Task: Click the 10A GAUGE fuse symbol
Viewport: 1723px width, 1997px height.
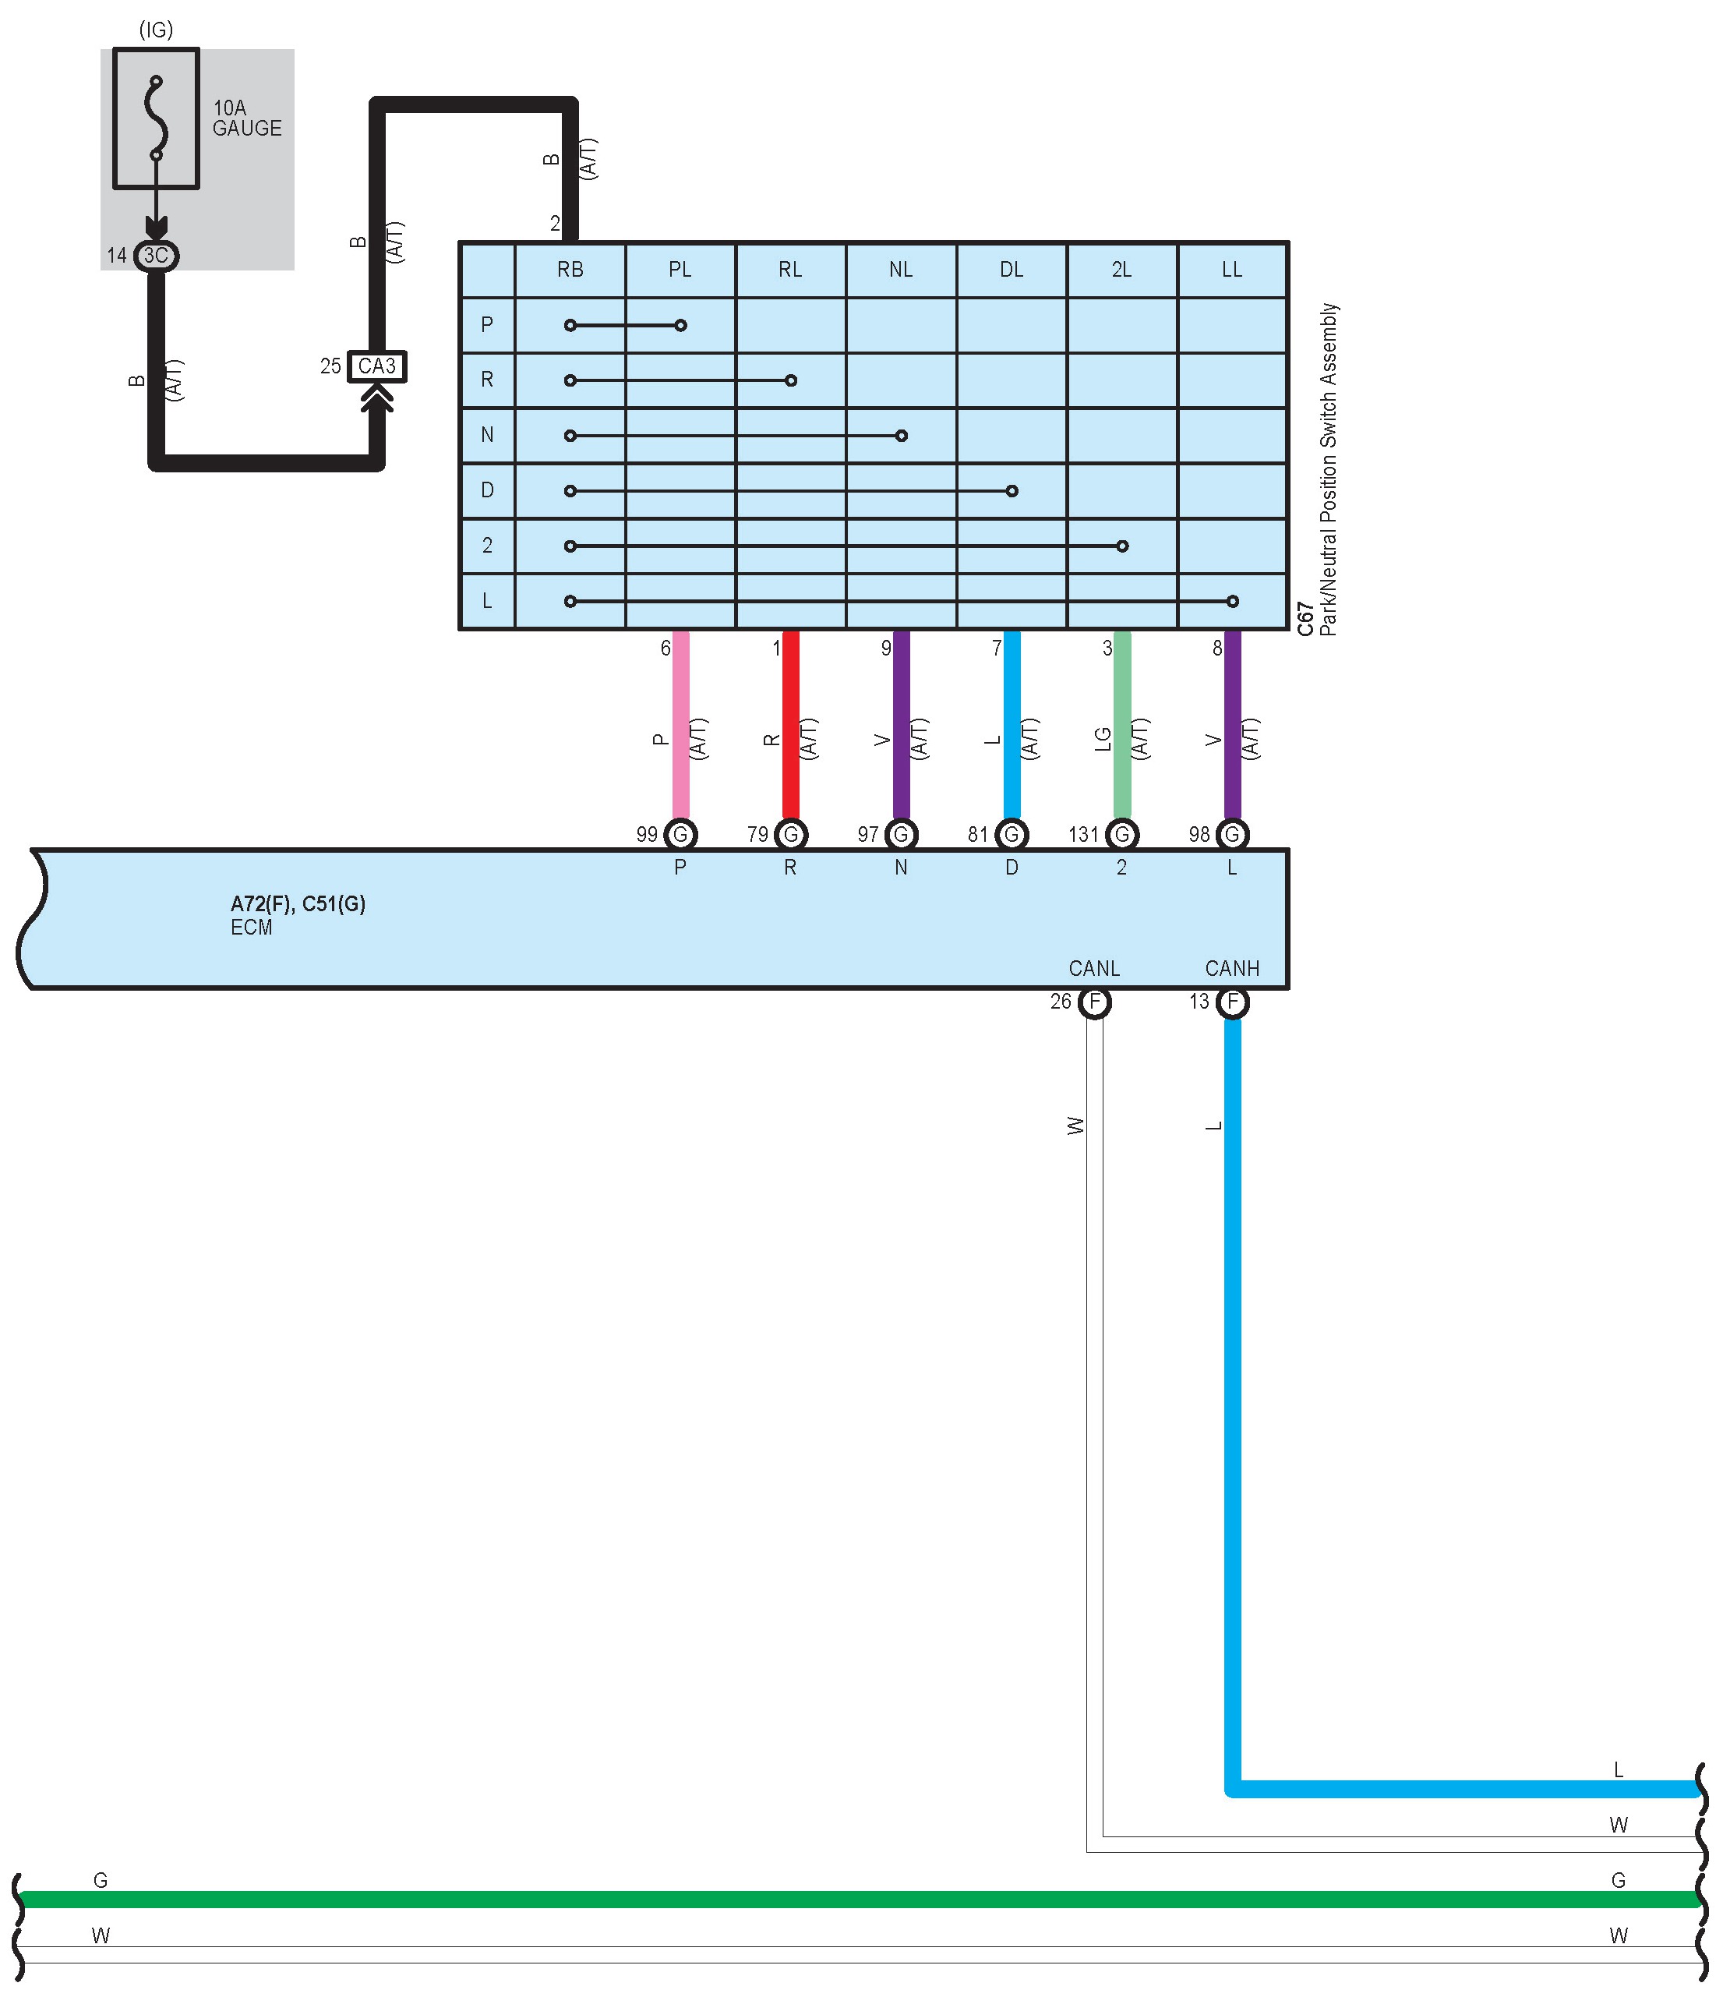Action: coord(156,118)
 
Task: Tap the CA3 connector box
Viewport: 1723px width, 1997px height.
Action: coord(377,366)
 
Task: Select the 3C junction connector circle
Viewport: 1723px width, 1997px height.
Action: coord(155,256)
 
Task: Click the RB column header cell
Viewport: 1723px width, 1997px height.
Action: coord(570,270)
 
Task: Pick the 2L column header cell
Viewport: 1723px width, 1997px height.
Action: coord(1121,270)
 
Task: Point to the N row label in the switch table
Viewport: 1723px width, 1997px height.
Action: coord(486,435)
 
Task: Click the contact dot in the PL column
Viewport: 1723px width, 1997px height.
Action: coord(680,325)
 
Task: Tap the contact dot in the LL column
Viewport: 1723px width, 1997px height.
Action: coord(1233,602)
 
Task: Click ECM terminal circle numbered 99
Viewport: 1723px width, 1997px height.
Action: coord(680,834)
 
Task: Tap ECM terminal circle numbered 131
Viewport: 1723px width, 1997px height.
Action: coord(1121,834)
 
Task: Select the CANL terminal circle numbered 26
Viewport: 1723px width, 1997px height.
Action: coord(1094,1002)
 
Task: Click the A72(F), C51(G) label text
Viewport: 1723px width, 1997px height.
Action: coord(298,904)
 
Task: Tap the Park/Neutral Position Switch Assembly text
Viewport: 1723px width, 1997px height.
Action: coord(1329,468)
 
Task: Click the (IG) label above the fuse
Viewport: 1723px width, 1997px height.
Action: coord(156,30)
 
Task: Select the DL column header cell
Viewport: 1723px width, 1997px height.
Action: coord(1011,270)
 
